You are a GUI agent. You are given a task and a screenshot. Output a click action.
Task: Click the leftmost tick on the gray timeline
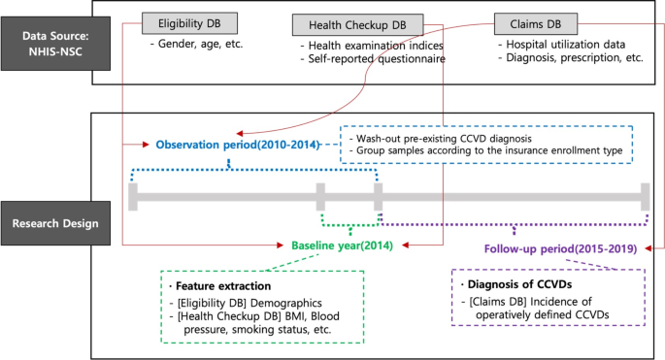pos(133,197)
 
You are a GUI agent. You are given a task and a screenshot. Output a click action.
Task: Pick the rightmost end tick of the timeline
pos(644,197)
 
